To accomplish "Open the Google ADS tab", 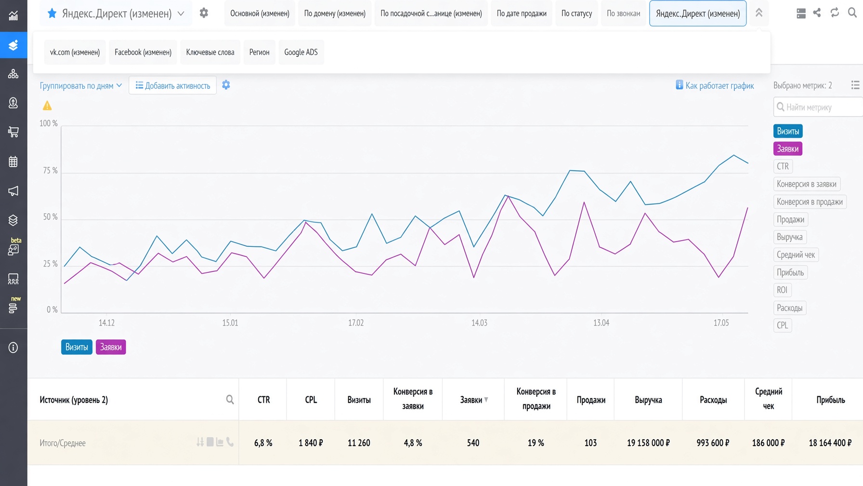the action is click(x=301, y=52).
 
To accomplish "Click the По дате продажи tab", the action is click(x=522, y=13).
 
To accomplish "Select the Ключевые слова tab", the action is click(x=210, y=52).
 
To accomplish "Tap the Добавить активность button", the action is click(x=172, y=86).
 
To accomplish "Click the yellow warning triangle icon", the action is click(x=47, y=106).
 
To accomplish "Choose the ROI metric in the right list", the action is click(x=782, y=290).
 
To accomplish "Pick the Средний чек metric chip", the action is click(x=796, y=255).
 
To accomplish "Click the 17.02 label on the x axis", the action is click(x=356, y=323).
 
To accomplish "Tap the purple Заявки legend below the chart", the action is click(x=111, y=347).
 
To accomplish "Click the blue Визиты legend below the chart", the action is click(x=77, y=347).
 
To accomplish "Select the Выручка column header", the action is click(x=648, y=400).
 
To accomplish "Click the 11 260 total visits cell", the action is click(x=359, y=443).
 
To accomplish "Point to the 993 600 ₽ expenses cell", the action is click(x=713, y=443).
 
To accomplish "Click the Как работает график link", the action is click(x=715, y=86).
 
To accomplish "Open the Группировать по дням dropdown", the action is click(x=80, y=86).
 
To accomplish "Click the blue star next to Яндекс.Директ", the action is click(x=52, y=13).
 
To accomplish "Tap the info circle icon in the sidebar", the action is click(x=13, y=348).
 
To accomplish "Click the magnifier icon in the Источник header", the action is click(x=230, y=400).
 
